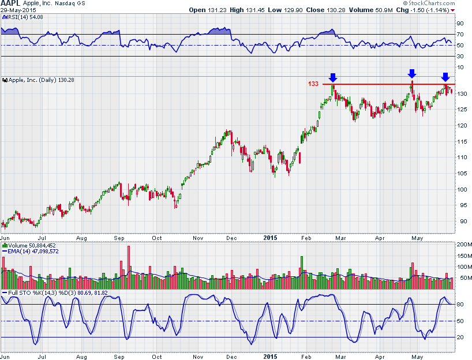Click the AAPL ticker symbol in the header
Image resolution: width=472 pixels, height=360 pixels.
[11, 3]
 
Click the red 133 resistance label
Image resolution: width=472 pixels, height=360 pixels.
[313, 84]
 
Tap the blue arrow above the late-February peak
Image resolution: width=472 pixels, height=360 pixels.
[332, 77]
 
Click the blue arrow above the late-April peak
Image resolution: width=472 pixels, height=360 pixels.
[411, 73]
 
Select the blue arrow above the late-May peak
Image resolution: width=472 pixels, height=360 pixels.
[445, 77]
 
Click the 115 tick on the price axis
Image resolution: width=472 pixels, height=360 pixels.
[462, 142]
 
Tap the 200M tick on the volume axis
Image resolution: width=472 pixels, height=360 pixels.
[464, 245]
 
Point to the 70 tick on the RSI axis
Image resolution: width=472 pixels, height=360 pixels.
[460, 34]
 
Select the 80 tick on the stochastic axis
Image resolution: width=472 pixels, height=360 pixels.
[460, 304]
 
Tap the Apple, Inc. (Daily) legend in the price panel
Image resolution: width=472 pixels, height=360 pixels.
[38, 80]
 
